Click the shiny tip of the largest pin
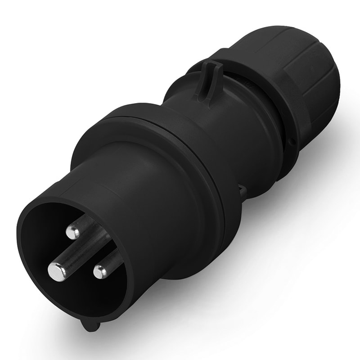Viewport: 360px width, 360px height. [57, 271]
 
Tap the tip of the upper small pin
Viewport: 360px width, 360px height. [72, 232]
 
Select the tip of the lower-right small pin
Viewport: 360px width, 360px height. [100, 271]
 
